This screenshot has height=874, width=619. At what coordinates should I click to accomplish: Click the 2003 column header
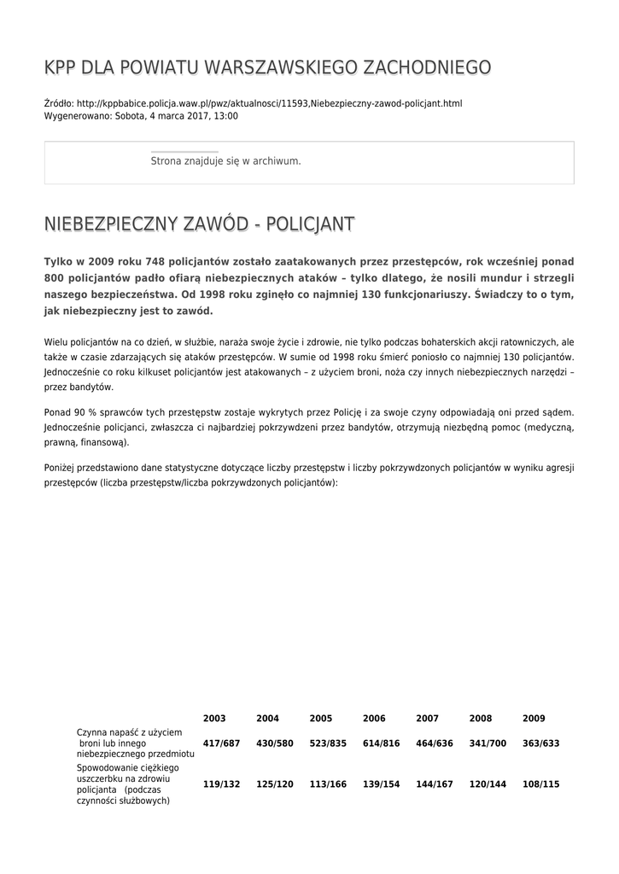click(x=214, y=719)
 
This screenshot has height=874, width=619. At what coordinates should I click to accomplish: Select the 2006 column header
click(x=374, y=719)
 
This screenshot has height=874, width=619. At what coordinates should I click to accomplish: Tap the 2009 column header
click(x=534, y=719)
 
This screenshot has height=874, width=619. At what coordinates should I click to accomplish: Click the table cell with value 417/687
click(x=221, y=743)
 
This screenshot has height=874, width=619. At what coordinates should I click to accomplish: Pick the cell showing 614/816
click(x=381, y=743)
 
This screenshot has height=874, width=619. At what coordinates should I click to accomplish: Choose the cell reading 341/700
click(x=488, y=743)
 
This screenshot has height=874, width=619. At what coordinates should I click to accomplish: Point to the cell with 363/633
click(x=540, y=743)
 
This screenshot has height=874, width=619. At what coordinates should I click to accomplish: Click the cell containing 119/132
click(x=221, y=784)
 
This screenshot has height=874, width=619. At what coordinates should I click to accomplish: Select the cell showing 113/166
click(x=328, y=784)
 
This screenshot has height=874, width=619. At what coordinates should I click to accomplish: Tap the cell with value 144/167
click(x=435, y=784)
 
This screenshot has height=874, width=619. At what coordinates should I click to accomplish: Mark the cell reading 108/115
click(x=540, y=784)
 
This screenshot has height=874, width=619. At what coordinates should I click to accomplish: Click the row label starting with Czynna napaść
click(x=135, y=743)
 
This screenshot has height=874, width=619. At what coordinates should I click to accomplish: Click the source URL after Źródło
click(x=269, y=103)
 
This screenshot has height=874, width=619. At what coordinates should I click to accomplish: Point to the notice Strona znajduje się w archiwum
click(x=225, y=160)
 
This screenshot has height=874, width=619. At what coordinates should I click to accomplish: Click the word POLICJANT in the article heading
click(x=311, y=224)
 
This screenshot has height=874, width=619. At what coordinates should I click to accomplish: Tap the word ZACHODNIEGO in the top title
click(x=427, y=67)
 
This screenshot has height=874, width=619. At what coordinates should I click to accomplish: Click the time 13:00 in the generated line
click(x=225, y=116)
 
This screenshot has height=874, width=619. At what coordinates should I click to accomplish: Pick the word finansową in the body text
click(x=102, y=443)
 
